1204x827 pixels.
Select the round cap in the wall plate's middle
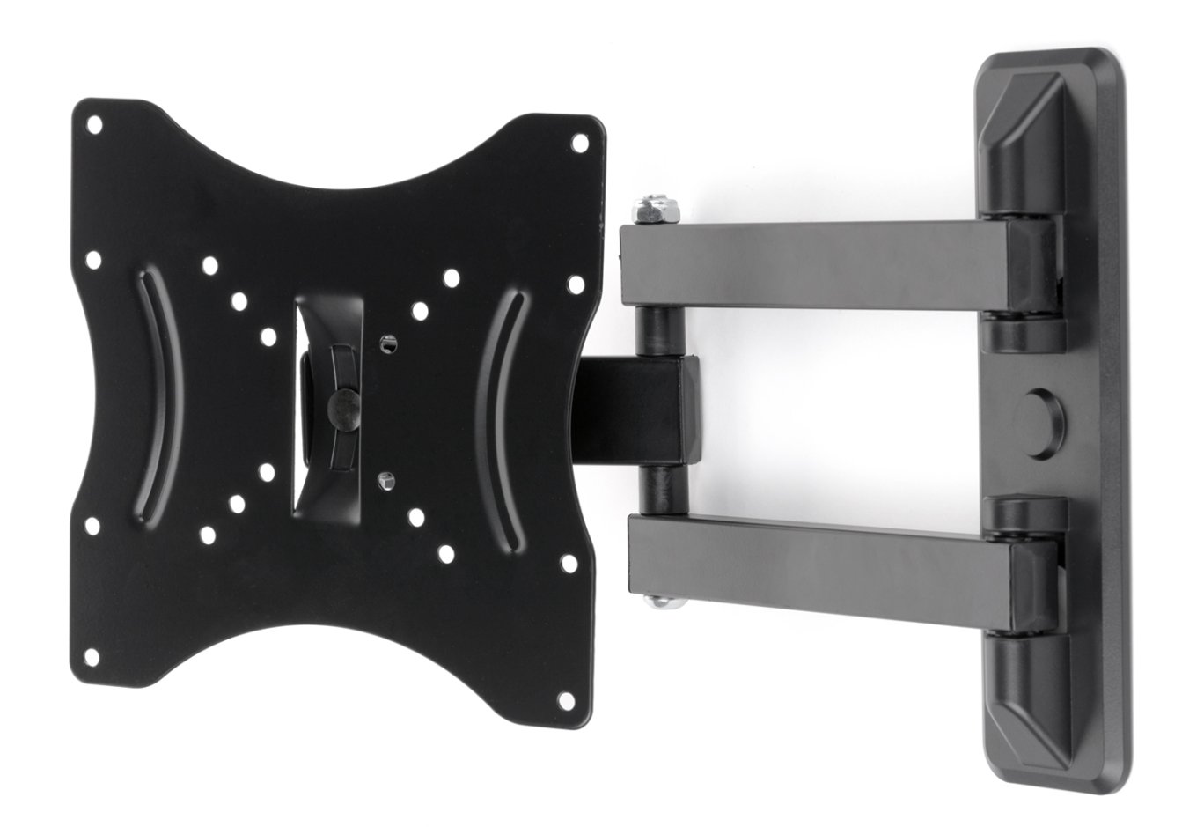(1041, 410)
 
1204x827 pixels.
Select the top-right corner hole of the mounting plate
(579, 140)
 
